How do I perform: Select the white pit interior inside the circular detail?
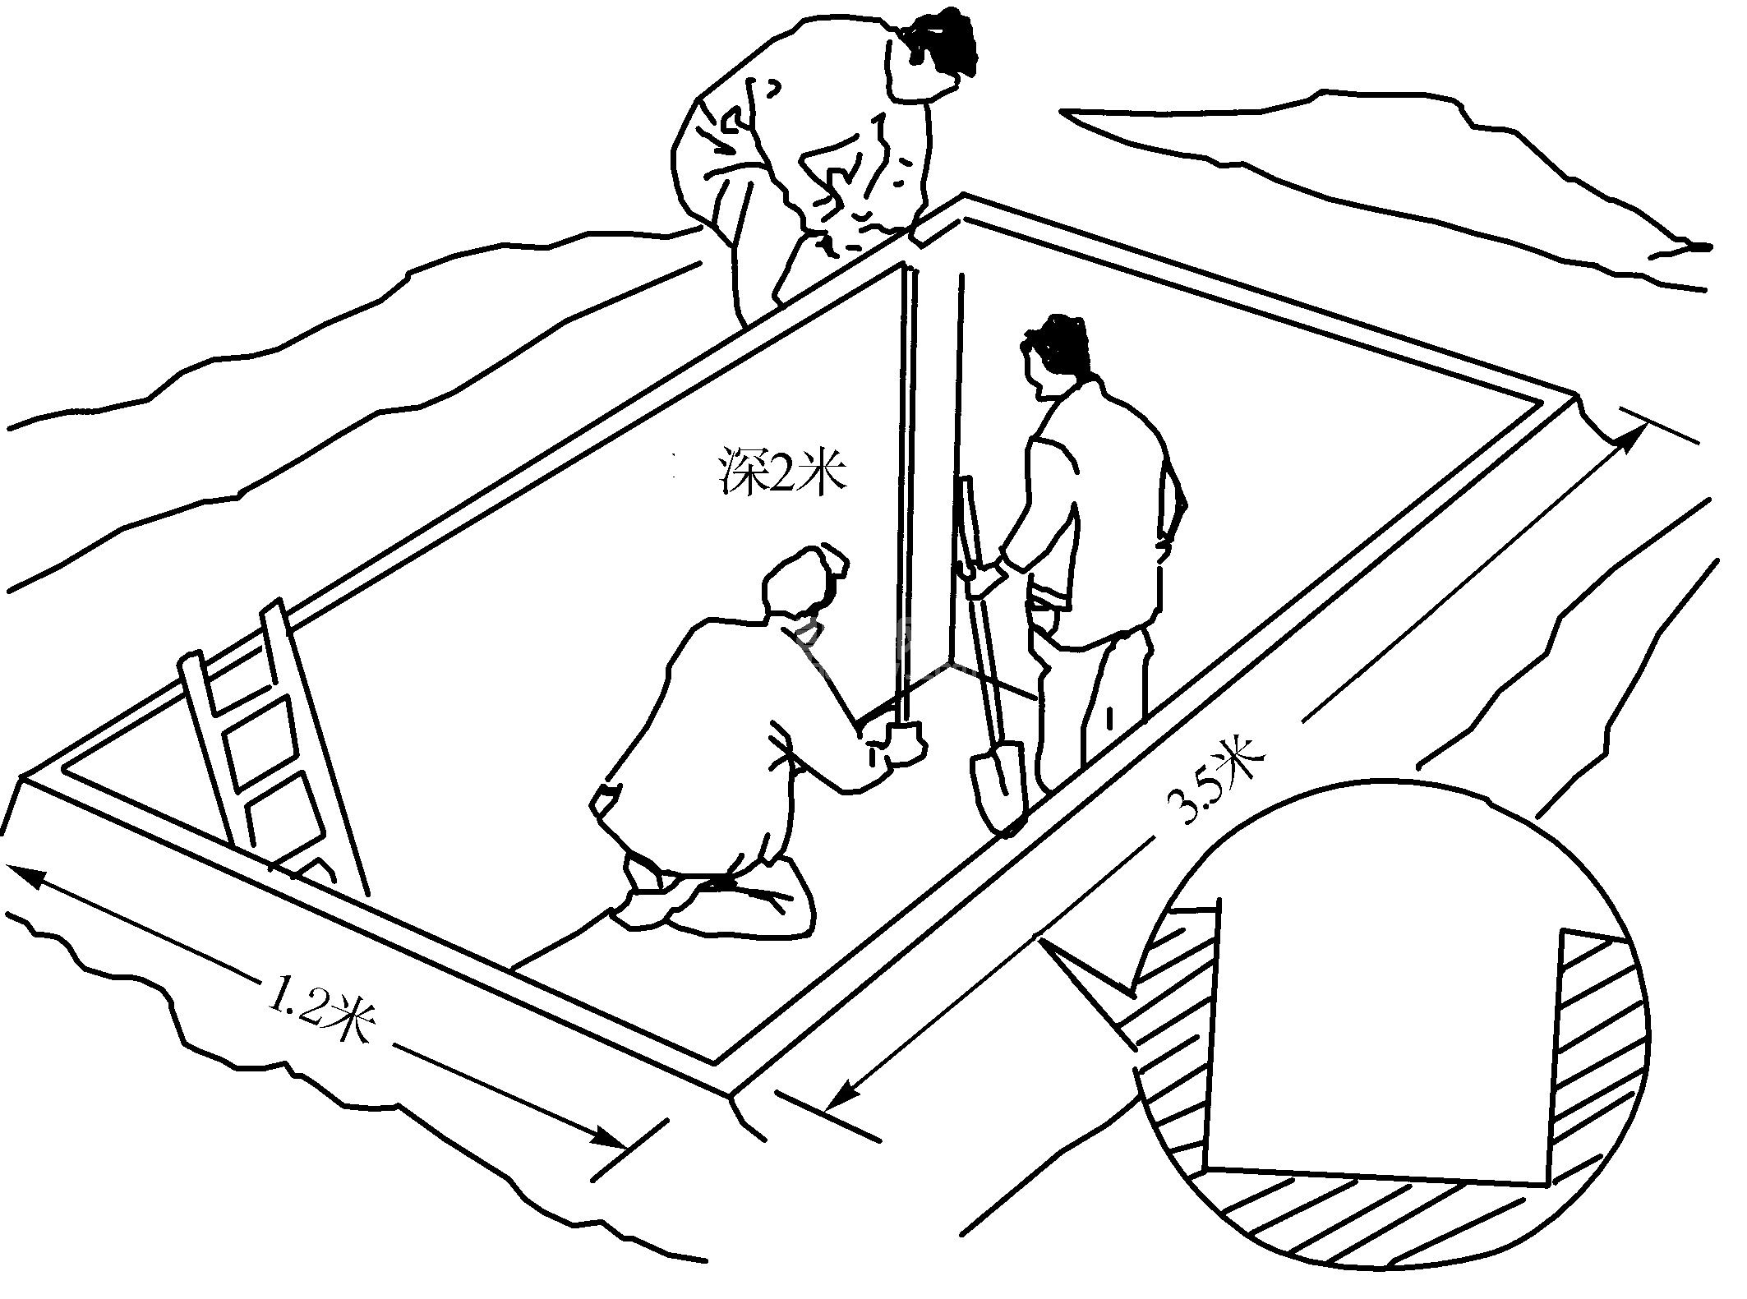[1381, 1052]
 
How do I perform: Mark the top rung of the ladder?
[233, 646]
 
